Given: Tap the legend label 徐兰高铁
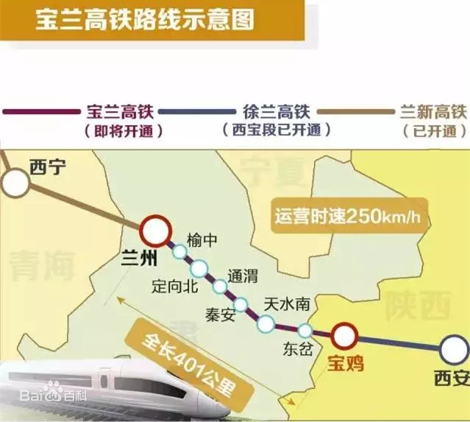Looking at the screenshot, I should [276, 113].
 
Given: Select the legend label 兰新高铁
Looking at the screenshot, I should [433, 113].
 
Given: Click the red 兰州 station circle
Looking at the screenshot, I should [155, 231].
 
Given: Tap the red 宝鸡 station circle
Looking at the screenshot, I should [343, 337].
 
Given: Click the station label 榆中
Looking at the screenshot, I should [203, 241].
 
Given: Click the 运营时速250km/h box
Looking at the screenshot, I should [350, 216].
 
